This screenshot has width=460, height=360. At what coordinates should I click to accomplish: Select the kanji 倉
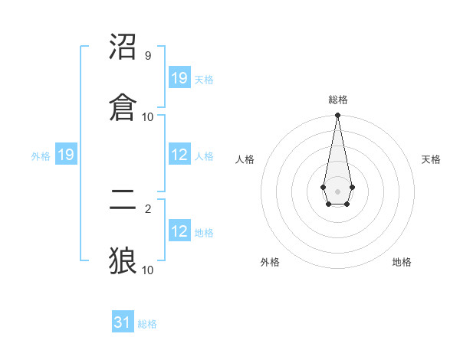point(123,105)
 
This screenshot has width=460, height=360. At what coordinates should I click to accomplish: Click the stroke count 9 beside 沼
point(147,56)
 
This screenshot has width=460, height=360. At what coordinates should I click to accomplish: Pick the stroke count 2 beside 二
point(147,208)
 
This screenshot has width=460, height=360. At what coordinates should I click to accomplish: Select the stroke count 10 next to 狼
point(147,270)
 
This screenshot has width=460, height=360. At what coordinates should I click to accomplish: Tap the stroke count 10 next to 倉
point(147,116)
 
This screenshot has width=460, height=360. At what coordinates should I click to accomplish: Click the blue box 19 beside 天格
point(179,78)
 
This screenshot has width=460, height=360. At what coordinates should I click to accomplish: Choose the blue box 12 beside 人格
point(179,155)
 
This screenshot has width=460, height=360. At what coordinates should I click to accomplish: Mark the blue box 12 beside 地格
point(179,231)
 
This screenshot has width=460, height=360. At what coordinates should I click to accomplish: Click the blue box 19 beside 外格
point(66,155)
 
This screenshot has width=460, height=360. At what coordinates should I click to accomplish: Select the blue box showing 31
point(123,322)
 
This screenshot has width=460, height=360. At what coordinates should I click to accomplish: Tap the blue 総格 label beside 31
point(147,324)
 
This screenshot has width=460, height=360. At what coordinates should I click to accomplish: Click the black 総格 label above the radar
point(338,100)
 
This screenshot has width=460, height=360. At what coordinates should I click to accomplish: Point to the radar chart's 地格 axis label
point(402,262)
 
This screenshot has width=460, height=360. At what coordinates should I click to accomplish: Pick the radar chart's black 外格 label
point(270,262)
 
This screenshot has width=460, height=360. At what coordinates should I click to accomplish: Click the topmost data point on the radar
point(337,116)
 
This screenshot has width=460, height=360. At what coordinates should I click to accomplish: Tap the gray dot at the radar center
point(337,190)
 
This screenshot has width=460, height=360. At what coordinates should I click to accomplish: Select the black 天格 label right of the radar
point(432,159)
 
